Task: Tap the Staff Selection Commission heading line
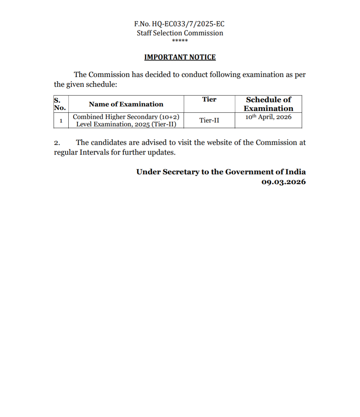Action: tap(180, 33)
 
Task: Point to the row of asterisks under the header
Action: tap(180, 41)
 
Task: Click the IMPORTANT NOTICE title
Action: tap(180, 57)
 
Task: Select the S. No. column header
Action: tap(60, 104)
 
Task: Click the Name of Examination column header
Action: tap(126, 104)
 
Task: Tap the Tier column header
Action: tap(209, 99)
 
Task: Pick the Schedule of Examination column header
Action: tap(268, 104)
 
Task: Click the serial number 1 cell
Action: tap(61, 121)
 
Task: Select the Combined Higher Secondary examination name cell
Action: tap(126, 120)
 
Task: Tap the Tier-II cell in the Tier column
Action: tap(209, 120)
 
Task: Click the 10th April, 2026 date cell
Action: tap(268, 117)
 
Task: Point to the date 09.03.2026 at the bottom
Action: tap(284, 182)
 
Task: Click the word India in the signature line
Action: tap(295, 172)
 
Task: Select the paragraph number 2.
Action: tap(57, 143)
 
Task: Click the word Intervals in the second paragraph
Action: tap(94, 153)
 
